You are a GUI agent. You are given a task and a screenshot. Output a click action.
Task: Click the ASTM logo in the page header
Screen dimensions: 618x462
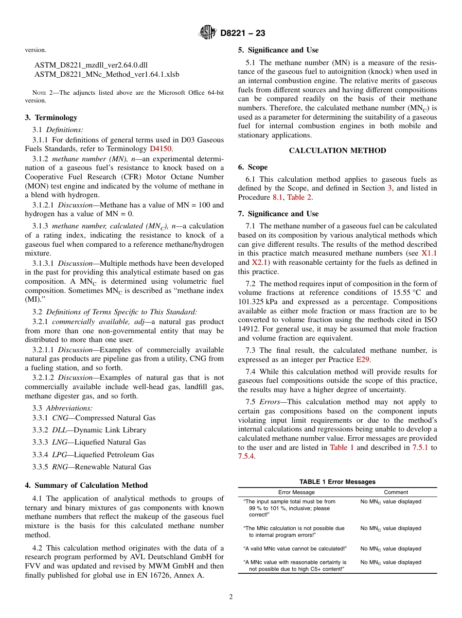pos(208,33)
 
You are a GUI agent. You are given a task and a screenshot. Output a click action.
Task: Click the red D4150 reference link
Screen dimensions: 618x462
pos(160,149)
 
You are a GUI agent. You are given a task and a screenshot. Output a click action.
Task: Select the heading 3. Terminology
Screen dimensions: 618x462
pos(51,118)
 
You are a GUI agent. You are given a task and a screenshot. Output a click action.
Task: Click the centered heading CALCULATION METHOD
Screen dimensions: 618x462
pos(338,151)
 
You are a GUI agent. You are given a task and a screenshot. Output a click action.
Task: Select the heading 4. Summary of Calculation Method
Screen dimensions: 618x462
pos(86,485)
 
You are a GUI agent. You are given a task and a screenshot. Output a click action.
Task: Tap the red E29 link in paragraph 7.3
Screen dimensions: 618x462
pos(363,360)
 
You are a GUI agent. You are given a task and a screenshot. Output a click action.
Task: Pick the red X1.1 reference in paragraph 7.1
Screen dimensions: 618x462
pos(429,253)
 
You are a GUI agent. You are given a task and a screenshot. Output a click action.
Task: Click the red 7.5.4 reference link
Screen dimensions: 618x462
pos(247,456)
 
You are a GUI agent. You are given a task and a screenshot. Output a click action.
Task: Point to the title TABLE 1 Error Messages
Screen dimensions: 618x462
pos(338,481)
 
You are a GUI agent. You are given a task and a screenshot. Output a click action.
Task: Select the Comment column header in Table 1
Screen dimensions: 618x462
pos(396,492)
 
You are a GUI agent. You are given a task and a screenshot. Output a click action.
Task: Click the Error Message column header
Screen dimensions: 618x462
pos(296,492)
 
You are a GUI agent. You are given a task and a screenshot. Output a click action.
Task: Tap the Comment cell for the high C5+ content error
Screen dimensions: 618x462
pos(391,563)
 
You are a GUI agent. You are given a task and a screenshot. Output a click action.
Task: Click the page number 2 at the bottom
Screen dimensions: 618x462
pos(231,597)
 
